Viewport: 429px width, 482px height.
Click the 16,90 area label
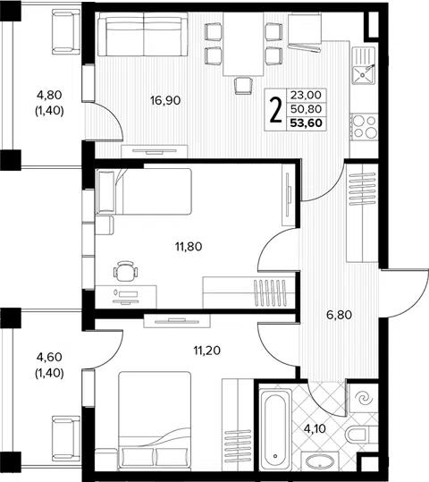pyautogui.click(x=165, y=100)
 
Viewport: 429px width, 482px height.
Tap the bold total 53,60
pyautogui.click(x=307, y=123)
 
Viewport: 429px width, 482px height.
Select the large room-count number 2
pyautogui.click(x=275, y=110)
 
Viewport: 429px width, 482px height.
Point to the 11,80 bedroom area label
pyautogui.click(x=189, y=247)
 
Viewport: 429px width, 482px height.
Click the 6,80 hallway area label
pyautogui.click(x=339, y=315)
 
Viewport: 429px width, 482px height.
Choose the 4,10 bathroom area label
pyautogui.click(x=315, y=428)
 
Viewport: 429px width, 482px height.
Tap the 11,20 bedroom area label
pyautogui.click(x=207, y=351)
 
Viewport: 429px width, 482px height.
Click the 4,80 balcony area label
pyautogui.click(x=49, y=95)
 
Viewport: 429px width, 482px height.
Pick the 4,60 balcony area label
pyautogui.click(x=49, y=357)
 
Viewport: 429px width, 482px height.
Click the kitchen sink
pyautogui.click(x=363, y=66)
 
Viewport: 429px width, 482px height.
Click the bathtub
pyautogui.click(x=275, y=429)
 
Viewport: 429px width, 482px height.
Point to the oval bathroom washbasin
pyautogui.click(x=320, y=461)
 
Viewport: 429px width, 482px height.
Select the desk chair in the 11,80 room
pyautogui.click(x=125, y=270)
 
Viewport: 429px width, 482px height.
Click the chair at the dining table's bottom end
pyautogui.click(x=243, y=86)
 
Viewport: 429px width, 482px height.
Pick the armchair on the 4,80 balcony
pyautogui.click(x=66, y=31)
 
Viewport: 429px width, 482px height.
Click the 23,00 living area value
pyautogui.click(x=306, y=96)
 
